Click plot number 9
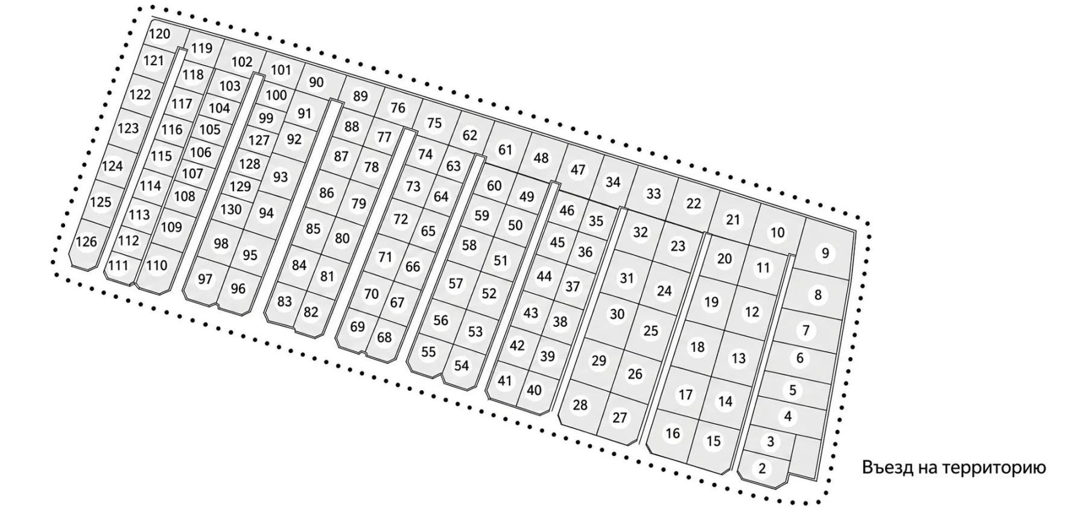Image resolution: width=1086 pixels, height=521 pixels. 825,253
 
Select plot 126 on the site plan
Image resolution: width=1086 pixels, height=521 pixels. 87,242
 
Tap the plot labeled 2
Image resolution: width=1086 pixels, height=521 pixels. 762,468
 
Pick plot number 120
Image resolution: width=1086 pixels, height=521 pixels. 159,34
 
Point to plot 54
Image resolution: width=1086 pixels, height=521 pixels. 462,365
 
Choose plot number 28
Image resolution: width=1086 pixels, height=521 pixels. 580,405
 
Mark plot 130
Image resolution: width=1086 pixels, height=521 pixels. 231,209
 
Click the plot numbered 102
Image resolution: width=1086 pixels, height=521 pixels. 242,62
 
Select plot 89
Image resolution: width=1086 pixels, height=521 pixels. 360,96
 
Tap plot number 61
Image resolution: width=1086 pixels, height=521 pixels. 506,149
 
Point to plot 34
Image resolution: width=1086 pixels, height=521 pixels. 613,182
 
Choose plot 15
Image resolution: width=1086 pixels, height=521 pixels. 714,441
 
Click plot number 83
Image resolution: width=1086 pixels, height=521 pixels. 284,302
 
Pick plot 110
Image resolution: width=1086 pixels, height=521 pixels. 157,265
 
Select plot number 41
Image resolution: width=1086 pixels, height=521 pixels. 504,381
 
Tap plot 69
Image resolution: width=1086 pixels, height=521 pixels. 358,327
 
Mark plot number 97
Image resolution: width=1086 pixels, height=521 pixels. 205,279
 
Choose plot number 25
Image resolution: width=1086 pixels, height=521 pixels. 650,331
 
